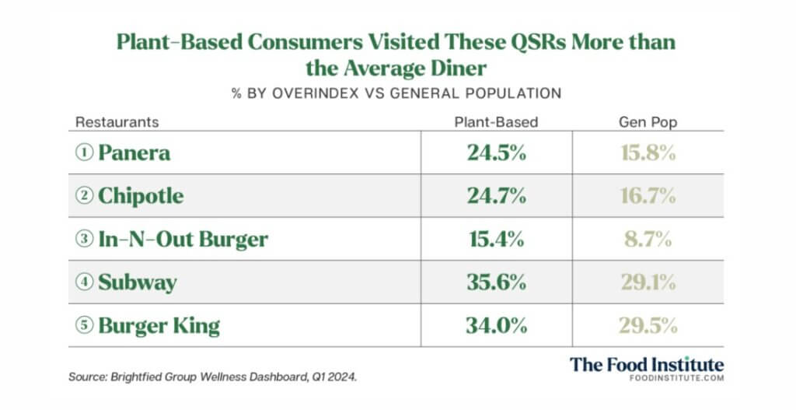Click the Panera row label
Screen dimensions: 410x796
134,152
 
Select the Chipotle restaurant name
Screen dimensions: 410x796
141,195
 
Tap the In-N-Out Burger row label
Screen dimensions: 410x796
183,239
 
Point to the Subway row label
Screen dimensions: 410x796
137,282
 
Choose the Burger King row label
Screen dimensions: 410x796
159,324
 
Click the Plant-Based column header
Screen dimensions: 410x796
496,122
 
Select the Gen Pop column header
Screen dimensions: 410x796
648,122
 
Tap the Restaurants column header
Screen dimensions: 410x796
117,122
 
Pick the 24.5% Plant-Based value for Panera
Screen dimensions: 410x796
496,152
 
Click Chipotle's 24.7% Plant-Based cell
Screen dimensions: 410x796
496,195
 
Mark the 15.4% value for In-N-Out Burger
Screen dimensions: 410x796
496,239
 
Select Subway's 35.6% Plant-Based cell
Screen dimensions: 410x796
496,282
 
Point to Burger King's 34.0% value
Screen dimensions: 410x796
496,324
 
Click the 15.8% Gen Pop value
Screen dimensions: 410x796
648,152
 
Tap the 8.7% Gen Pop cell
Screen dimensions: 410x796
648,239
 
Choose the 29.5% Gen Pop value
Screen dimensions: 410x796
648,324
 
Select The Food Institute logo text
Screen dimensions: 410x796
646,364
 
